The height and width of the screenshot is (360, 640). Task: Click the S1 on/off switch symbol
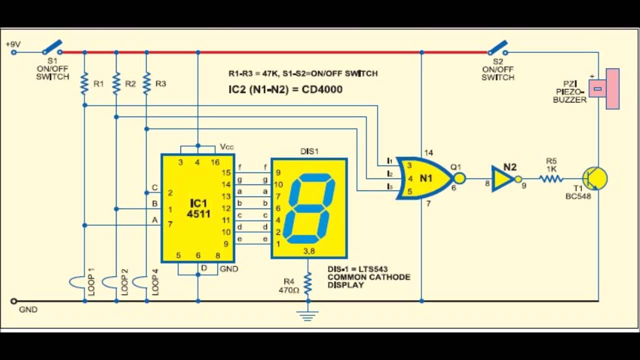tap(52, 47)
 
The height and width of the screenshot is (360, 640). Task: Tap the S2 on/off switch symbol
tap(497, 48)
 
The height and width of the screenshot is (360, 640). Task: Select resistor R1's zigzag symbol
tap(84, 83)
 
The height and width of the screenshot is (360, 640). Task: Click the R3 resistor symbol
tap(146, 83)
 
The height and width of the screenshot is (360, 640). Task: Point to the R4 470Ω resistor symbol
tap(308, 283)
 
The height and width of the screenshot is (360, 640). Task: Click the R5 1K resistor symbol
tap(551, 178)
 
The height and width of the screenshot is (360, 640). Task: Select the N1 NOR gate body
tap(425, 178)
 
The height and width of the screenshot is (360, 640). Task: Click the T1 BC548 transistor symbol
tap(595, 178)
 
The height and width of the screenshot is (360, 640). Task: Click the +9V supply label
tap(13, 44)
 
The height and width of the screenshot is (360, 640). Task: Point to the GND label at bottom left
tap(28, 309)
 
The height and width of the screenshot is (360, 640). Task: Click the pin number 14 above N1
tap(428, 153)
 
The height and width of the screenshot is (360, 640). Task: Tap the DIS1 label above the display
tap(309, 151)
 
